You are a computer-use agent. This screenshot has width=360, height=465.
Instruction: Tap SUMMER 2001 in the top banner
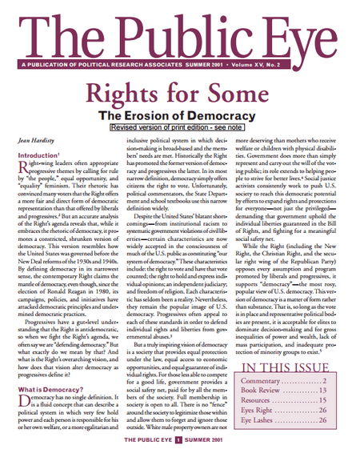248,65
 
